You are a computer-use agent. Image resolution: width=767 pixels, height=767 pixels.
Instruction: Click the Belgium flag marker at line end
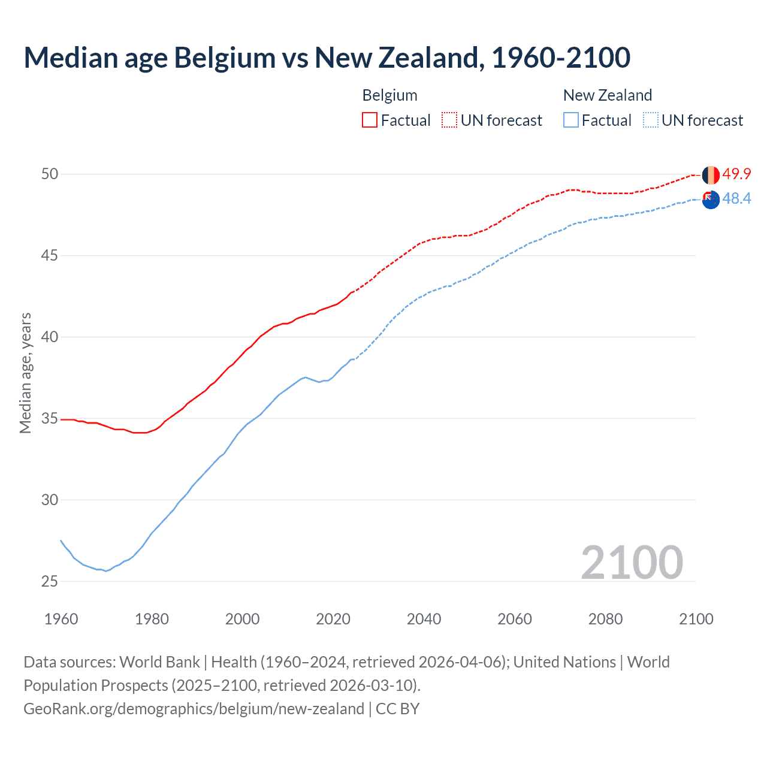coord(711,175)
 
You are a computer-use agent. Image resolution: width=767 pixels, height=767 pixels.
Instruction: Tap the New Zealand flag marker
coord(711,200)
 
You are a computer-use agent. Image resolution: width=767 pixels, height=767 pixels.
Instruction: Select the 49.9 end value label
coord(736,174)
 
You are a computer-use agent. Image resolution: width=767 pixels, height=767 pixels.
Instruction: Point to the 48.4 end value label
coord(736,199)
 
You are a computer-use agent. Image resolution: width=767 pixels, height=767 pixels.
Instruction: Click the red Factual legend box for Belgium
coord(370,120)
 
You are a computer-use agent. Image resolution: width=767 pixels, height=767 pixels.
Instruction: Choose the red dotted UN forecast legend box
coord(449,120)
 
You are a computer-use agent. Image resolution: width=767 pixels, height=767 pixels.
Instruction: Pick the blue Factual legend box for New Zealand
coord(571,120)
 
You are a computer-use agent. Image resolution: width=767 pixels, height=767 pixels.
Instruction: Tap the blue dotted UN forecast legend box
coord(650,120)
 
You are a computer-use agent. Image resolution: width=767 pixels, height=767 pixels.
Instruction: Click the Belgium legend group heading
coord(389,95)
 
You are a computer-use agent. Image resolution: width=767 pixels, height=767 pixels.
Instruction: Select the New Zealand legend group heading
coord(607,95)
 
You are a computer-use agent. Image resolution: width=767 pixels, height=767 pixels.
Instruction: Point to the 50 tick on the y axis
coord(50,174)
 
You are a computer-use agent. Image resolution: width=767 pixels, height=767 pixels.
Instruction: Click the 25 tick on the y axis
coord(50,581)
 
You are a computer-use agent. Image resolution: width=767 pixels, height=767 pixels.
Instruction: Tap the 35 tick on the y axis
coord(50,418)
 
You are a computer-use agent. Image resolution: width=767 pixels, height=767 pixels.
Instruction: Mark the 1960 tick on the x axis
coord(61,619)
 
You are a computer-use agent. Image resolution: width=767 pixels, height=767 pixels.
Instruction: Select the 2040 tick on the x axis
coord(424,619)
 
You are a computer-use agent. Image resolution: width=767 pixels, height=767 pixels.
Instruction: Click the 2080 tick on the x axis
coord(605,619)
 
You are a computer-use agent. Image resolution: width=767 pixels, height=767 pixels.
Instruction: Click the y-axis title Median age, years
coord(25,373)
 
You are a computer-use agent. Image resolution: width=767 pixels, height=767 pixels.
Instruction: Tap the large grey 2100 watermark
coord(632,562)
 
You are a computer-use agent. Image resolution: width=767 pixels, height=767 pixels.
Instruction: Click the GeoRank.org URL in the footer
coord(194,709)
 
